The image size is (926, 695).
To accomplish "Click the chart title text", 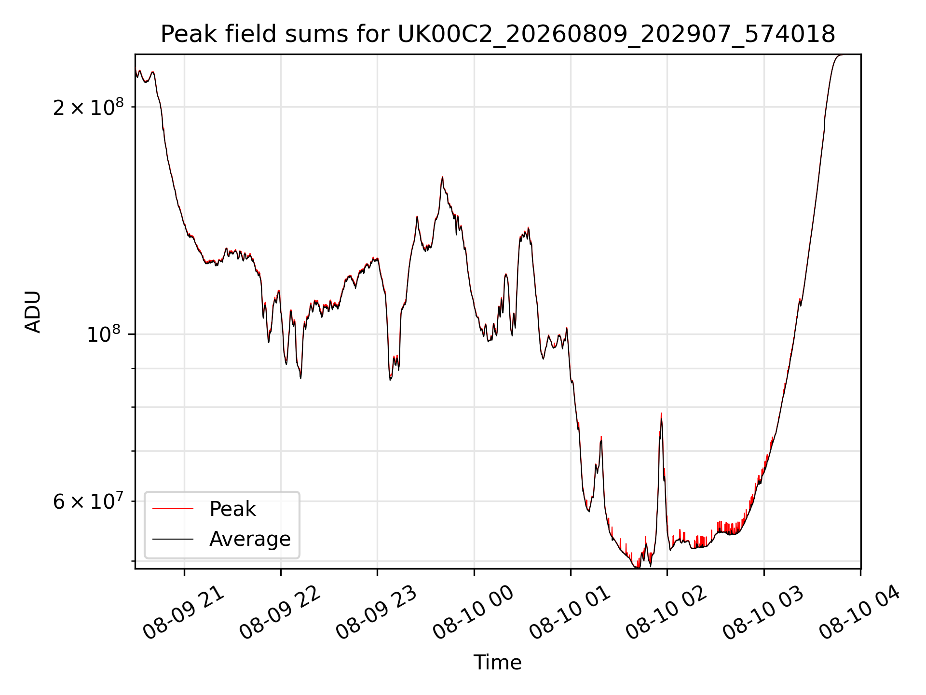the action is pyautogui.click(x=498, y=34).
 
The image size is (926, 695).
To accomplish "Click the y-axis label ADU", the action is pyautogui.click(x=33, y=312).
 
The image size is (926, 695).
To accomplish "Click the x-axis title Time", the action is pyautogui.click(x=497, y=663).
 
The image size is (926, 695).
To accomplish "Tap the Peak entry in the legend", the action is pyautogui.click(x=232, y=509).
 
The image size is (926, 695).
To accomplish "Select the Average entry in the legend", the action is pyautogui.click(x=250, y=539).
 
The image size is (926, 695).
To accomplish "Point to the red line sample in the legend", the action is pyautogui.click(x=173, y=509).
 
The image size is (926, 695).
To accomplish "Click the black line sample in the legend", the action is pyautogui.click(x=173, y=539).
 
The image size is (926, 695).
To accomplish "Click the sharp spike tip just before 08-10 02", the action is pyautogui.click(x=661, y=414).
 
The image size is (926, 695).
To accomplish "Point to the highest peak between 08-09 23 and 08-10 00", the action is pyautogui.click(x=442, y=177).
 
